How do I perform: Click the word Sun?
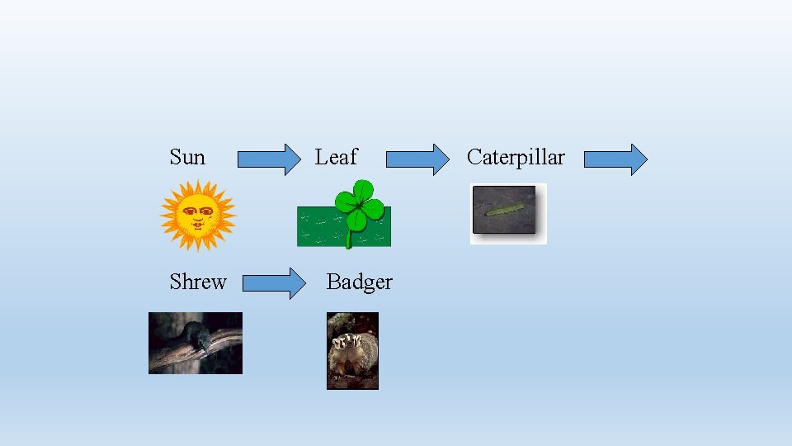(187, 157)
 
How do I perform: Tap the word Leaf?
(336, 157)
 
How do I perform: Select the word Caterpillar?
(516, 157)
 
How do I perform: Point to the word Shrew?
(197, 282)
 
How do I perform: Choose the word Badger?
(359, 282)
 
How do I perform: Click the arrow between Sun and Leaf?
(270, 159)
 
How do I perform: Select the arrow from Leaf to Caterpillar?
(417, 159)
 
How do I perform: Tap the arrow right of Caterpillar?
(615, 159)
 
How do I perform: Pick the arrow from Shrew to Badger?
(274, 283)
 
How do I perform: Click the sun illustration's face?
(198, 215)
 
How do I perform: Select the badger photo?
(352, 350)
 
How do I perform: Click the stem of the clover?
(350, 239)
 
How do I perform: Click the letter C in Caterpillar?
(474, 157)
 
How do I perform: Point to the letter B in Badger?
(333, 282)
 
